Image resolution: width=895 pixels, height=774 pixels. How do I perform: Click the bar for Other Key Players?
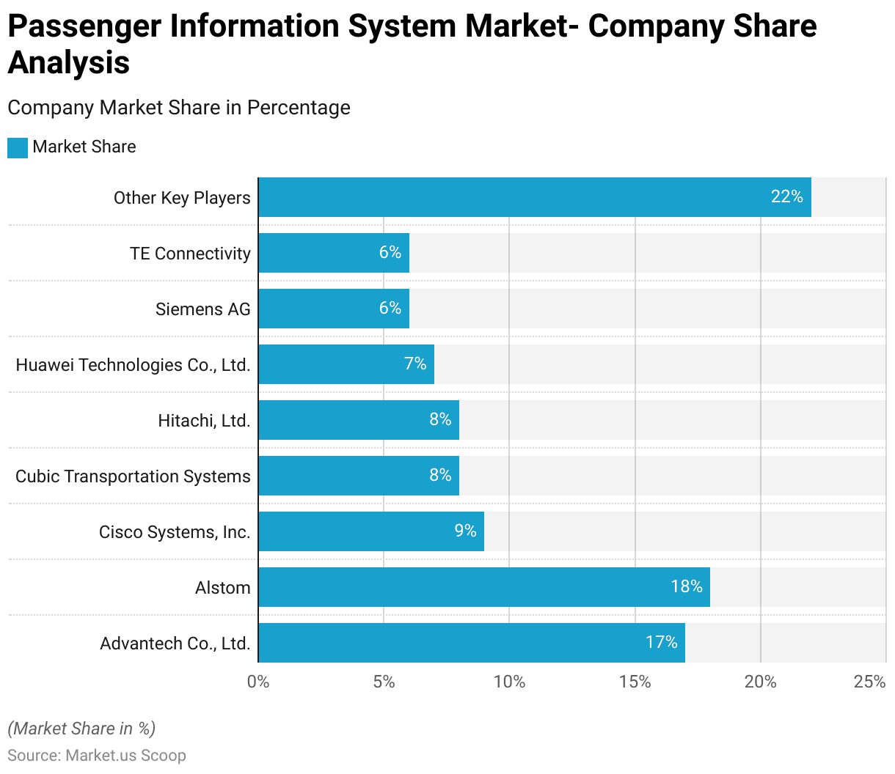pos(534,197)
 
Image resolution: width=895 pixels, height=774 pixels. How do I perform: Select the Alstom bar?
pos(484,587)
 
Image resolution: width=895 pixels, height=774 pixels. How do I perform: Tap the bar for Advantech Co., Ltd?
pos(471,643)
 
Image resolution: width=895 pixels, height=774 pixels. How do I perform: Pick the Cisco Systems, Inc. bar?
pos(371,531)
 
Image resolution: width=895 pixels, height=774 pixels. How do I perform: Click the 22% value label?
pos(786,196)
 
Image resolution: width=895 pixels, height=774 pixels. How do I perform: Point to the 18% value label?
pos(687,586)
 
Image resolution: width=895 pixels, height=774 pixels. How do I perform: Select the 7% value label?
pos(415,364)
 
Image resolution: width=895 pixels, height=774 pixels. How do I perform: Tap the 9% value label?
pos(465,531)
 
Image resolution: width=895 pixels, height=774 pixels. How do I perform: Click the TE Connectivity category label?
pos(190,254)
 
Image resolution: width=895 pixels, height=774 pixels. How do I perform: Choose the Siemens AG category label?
pos(202,309)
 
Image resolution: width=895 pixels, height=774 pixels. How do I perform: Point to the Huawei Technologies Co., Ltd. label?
pos(133,365)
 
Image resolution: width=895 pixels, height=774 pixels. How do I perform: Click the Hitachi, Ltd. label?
pos(204,421)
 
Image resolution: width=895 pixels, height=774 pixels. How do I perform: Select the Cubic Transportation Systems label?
pos(133,476)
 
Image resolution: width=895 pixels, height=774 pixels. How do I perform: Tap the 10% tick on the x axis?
pos(509,682)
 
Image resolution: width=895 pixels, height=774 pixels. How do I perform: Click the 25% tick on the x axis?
pos(869,682)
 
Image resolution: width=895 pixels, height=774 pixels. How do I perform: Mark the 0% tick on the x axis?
pos(258,682)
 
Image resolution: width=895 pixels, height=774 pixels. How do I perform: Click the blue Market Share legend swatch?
pos(18,147)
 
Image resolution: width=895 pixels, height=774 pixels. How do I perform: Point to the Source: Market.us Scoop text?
pos(97,756)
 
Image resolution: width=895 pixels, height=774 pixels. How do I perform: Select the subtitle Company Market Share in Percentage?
pos(179,108)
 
